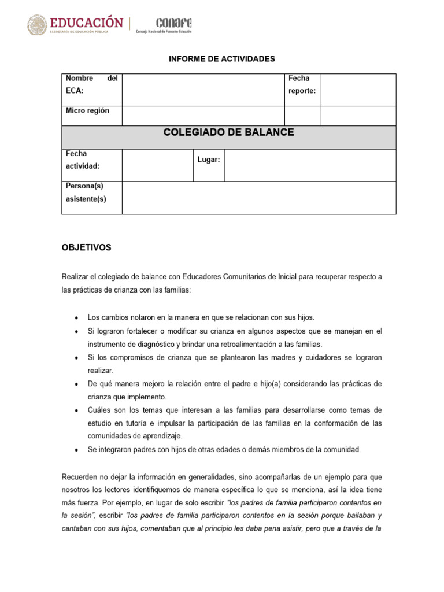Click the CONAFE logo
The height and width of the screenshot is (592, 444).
coord(173,23)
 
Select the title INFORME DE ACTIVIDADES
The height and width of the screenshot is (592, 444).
coord(222,59)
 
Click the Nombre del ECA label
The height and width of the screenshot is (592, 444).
coord(91,84)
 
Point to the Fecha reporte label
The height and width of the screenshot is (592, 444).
coord(302,84)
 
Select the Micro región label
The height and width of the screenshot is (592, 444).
coord(87,110)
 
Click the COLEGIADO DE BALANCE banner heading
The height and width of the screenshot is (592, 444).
coord(228,132)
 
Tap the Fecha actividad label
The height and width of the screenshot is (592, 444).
coord(83,160)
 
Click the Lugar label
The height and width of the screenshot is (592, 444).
coord(209,160)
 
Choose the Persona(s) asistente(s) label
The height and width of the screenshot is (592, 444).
coord(86,193)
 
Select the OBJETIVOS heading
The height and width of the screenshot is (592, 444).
coord(86,247)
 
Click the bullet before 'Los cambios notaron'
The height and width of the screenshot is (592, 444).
coord(77,318)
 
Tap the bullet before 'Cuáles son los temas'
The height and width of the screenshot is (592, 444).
coord(77,410)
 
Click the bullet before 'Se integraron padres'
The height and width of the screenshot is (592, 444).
coord(77,450)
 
